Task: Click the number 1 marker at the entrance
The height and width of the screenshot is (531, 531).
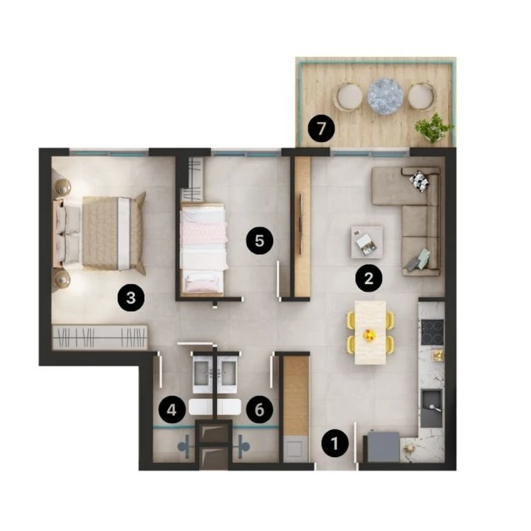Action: pyautogui.click(x=335, y=443)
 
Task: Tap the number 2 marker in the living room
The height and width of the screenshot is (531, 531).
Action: pyautogui.click(x=369, y=278)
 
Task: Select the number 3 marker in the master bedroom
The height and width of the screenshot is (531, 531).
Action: pyautogui.click(x=131, y=298)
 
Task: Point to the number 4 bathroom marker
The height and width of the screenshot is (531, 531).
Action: pyautogui.click(x=172, y=410)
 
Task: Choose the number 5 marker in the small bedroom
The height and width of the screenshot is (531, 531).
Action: pyautogui.click(x=260, y=241)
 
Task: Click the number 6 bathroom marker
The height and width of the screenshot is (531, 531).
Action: pyautogui.click(x=260, y=410)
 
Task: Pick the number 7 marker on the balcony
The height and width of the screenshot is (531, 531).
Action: pyautogui.click(x=321, y=129)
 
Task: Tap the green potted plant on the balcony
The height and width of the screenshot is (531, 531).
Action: pyautogui.click(x=434, y=127)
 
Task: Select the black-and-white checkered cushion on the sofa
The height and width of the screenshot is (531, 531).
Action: pyautogui.click(x=420, y=181)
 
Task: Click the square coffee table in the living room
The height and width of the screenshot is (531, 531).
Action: pyautogui.click(x=367, y=242)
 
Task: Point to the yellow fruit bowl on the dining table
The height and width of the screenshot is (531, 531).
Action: pyautogui.click(x=369, y=335)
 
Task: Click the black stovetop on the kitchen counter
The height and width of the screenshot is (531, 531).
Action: pyautogui.click(x=433, y=331)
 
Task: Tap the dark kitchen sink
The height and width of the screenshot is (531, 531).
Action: pyautogui.click(x=431, y=408)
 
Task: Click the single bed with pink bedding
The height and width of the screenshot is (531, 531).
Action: pyautogui.click(x=203, y=250)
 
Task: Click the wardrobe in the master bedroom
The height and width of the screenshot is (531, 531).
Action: pyautogui.click(x=100, y=337)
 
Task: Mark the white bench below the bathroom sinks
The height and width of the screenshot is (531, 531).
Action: pyautogui.click(x=214, y=407)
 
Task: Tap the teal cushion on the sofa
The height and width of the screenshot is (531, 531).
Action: pyautogui.click(x=423, y=258)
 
